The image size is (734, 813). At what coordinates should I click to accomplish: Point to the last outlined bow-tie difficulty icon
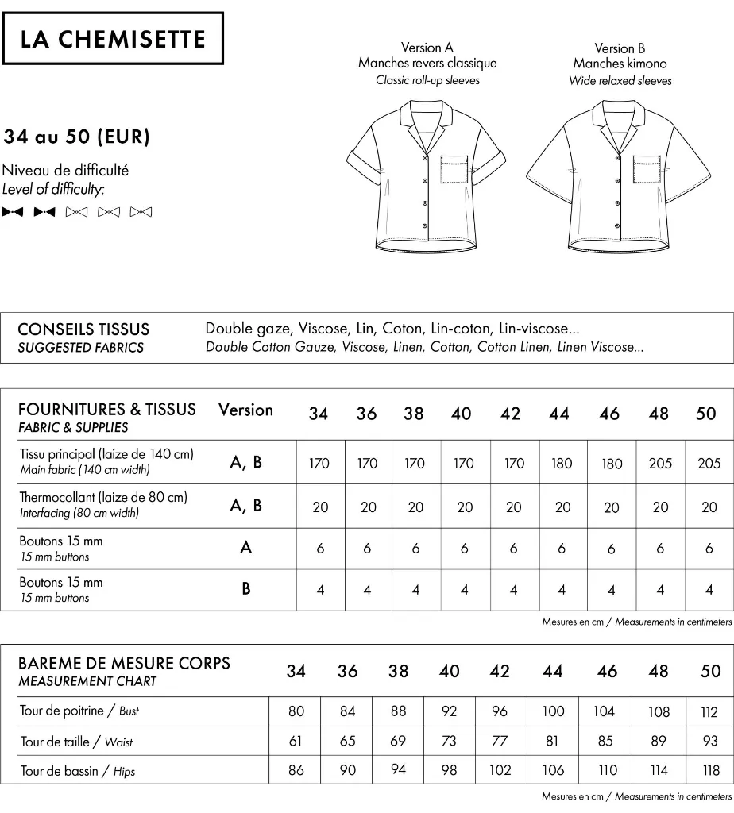click(x=141, y=212)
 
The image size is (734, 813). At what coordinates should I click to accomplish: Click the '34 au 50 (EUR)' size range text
click(x=76, y=137)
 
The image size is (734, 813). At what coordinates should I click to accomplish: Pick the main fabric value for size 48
click(x=660, y=464)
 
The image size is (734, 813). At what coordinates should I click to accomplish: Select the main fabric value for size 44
click(x=562, y=464)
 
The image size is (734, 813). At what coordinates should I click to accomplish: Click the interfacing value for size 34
click(x=320, y=507)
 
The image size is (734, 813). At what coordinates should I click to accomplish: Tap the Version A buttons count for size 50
click(x=709, y=549)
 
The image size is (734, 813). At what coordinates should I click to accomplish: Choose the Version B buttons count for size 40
click(x=464, y=590)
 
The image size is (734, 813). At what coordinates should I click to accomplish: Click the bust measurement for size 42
click(x=499, y=711)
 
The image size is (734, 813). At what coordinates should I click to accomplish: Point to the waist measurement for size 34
click(x=296, y=742)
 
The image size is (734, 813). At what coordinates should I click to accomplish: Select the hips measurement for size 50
click(x=709, y=771)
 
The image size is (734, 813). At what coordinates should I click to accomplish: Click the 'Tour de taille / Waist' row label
click(x=76, y=742)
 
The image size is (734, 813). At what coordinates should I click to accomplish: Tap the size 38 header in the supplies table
click(x=414, y=414)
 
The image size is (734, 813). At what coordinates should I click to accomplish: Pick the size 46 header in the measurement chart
click(x=607, y=672)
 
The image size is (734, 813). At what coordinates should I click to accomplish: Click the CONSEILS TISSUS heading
click(x=83, y=329)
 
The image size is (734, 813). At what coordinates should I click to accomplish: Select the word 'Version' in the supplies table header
click(x=245, y=410)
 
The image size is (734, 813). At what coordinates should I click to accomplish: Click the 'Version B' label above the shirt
click(x=620, y=48)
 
